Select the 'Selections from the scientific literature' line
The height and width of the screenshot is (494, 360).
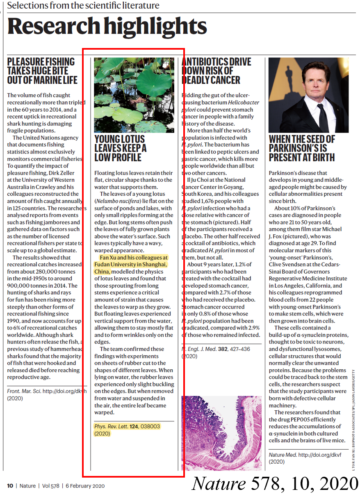pos(83,6)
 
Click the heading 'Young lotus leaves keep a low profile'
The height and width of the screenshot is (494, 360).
pos(121,148)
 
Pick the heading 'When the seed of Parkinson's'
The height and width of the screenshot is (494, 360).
pos(302,148)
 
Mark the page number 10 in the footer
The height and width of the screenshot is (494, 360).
pos(10,485)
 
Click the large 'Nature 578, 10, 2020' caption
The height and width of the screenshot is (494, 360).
pos(275,483)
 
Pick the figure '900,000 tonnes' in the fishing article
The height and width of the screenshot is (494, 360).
pos(28,286)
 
